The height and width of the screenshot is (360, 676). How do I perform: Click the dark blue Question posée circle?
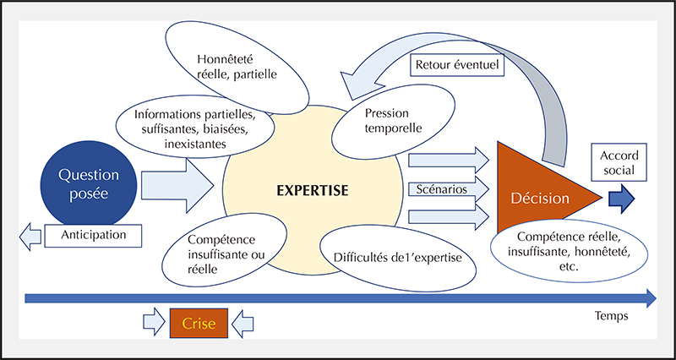pos(89,184)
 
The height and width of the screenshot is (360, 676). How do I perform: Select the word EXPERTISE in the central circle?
pos(312,190)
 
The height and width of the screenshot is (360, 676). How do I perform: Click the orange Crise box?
pos(199,324)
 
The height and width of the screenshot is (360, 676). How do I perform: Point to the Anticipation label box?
pos(93,236)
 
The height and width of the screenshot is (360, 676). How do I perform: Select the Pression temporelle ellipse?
pos(393,121)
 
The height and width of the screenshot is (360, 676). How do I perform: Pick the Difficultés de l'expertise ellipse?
pos(398,258)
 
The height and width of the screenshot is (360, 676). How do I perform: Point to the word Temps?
pos(611,316)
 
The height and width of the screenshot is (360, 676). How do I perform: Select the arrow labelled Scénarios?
pos(449,189)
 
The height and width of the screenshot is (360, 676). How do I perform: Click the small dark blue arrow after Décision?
pos(622,199)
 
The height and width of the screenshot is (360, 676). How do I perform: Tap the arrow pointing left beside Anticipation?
pos(30,237)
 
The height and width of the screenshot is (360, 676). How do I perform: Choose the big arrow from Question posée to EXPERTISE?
pos(177,185)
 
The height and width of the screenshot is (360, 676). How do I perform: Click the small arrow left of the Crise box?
pos(154,324)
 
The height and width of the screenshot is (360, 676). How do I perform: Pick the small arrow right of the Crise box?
pos(243,324)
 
